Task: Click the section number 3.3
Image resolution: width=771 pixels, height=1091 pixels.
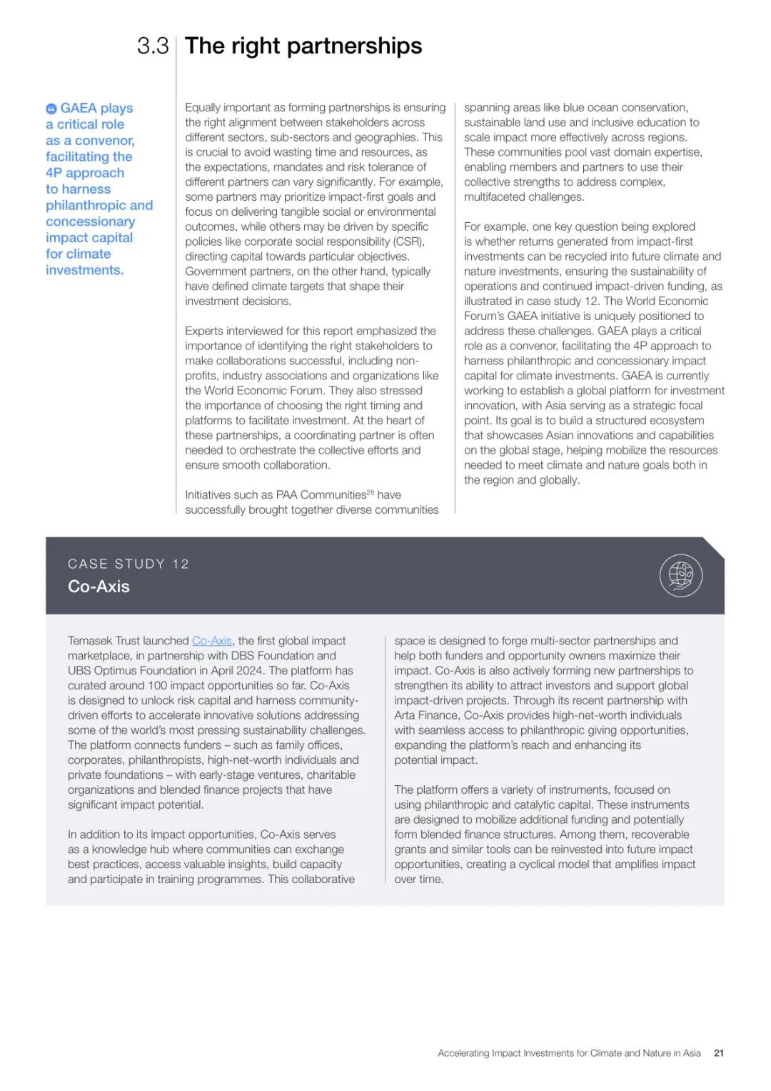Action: pyautogui.click(x=153, y=46)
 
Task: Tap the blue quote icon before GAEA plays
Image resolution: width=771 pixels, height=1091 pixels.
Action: pyautogui.click(x=51, y=109)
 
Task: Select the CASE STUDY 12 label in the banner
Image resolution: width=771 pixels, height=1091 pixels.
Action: pyautogui.click(x=128, y=564)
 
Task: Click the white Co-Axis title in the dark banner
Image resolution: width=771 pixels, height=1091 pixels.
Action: pyautogui.click(x=99, y=587)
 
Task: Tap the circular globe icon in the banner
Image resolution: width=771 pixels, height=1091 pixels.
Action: pyautogui.click(x=681, y=575)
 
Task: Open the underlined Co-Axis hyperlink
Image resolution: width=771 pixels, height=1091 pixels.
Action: pyautogui.click(x=212, y=641)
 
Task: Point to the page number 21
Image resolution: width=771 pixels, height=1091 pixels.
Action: pyautogui.click(x=719, y=1053)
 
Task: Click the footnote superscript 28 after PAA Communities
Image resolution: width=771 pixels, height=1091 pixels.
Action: pyautogui.click(x=371, y=493)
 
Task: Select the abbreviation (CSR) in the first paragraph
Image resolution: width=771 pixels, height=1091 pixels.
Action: pyautogui.click(x=409, y=241)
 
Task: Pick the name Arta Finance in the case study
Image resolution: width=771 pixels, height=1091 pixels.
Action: pyautogui.click(x=427, y=715)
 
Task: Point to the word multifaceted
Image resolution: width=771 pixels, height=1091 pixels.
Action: pyautogui.click(x=499, y=196)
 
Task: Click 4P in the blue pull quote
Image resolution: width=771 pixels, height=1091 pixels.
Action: pyautogui.click(x=54, y=173)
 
